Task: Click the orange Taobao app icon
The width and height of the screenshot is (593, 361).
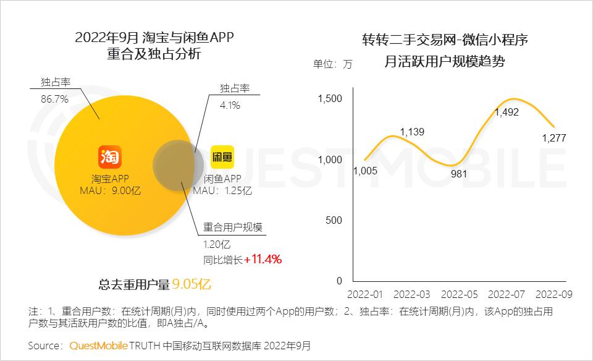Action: point(109,156)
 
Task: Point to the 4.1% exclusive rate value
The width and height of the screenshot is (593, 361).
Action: point(230,105)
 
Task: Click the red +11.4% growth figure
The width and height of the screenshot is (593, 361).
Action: point(263,259)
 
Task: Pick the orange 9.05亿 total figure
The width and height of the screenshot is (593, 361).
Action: point(192,284)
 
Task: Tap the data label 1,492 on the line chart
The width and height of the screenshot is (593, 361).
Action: point(507,113)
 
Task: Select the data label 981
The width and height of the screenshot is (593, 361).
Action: point(458,174)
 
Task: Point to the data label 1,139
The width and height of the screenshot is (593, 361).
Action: point(413,132)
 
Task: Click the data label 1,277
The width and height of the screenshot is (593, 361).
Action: point(554,138)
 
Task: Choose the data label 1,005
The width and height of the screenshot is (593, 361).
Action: point(366,171)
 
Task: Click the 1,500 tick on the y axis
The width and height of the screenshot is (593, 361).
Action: point(330,98)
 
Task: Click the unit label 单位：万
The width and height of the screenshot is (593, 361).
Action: point(333,64)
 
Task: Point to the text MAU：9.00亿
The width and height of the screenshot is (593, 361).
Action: point(111,190)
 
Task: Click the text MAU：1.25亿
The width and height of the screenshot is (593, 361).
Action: point(222,190)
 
